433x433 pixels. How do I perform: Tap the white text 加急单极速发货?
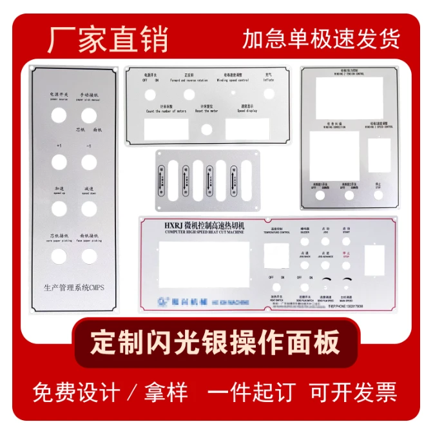pos(321,39)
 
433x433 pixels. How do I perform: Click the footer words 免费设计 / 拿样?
pos(110,392)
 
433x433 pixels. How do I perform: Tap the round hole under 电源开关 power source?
pos(59,115)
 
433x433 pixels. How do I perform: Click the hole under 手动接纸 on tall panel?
pos(89,115)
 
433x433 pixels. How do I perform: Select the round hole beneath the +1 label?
pos(59,162)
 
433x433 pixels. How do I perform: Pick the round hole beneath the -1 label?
pos(89,162)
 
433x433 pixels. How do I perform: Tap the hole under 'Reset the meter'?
pos(206,130)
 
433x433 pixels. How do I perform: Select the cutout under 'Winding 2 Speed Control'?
pos(378,155)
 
